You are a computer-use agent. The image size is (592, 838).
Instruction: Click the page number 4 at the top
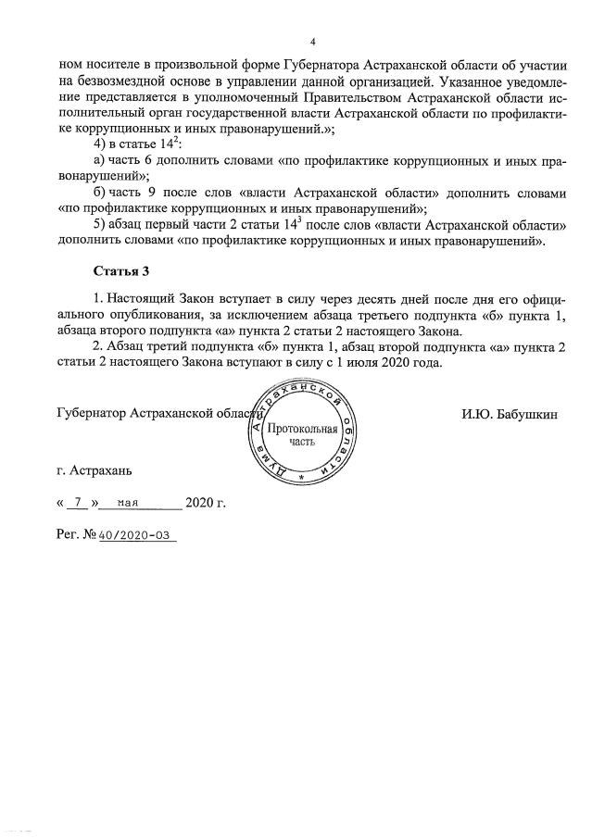313,43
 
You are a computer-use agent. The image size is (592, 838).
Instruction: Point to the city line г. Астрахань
94,470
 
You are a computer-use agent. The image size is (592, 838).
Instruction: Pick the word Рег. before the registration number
69,536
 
